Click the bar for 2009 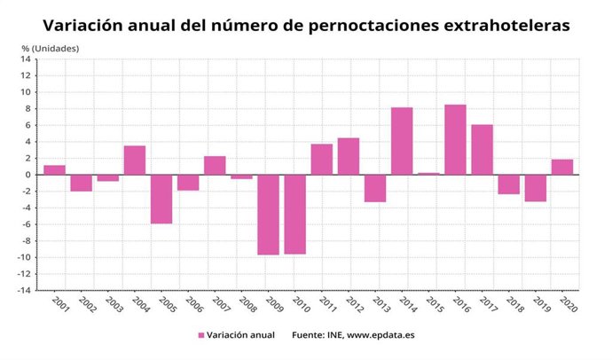click(x=268, y=215)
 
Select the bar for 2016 click(x=455, y=139)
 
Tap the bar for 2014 click(x=402, y=141)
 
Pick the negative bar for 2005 click(x=161, y=199)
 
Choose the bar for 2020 click(x=562, y=167)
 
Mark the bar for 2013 click(x=375, y=188)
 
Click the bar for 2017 click(x=482, y=150)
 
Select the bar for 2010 click(x=294, y=215)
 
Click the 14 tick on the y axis click(x=26, y=59)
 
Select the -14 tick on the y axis click(x=24, y=290)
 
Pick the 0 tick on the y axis click(x=28, y=175)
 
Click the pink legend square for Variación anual click(x=201, y=335)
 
